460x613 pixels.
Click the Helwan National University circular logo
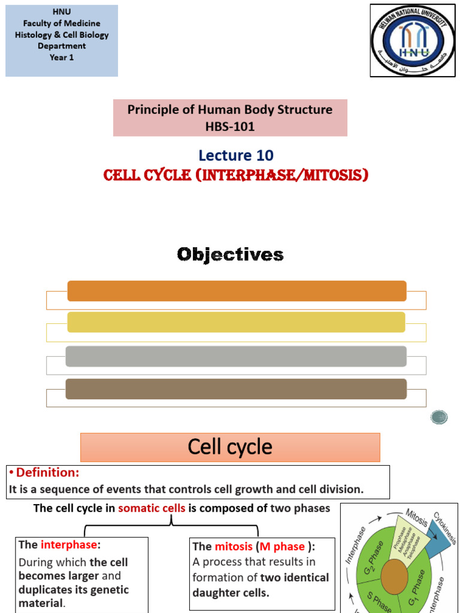pyautogui.click(x=413, y=41)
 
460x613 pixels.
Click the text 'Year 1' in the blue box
pyautogui.click(x=62, y=57)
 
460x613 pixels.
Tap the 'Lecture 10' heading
pyautogui.click(x=236, y=156)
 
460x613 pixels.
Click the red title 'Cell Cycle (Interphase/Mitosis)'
pyautogui.click(x=235, y=175)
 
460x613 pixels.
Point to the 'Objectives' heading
pyautogui.click(x=230, y=254)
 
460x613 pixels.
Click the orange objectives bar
pyautogui.click(x=237, y=291)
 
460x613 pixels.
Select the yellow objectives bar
pyautogui.click(x=236, y=322)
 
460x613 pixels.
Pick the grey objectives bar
pyautogui.click(x=236, y=356)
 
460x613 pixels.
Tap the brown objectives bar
pyautogui.click(x=236, y=389)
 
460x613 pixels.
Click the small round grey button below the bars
pyautogui.click(x=438, y=417)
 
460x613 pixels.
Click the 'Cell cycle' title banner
pyautogui.click(x=230, y=447)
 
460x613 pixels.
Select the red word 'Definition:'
pyautogui.click(x=46, y=473)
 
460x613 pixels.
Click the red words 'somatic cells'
pyautogui.click(x=152, y=508)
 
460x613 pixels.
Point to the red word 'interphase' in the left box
pyautogui.click(x=68, y=544)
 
